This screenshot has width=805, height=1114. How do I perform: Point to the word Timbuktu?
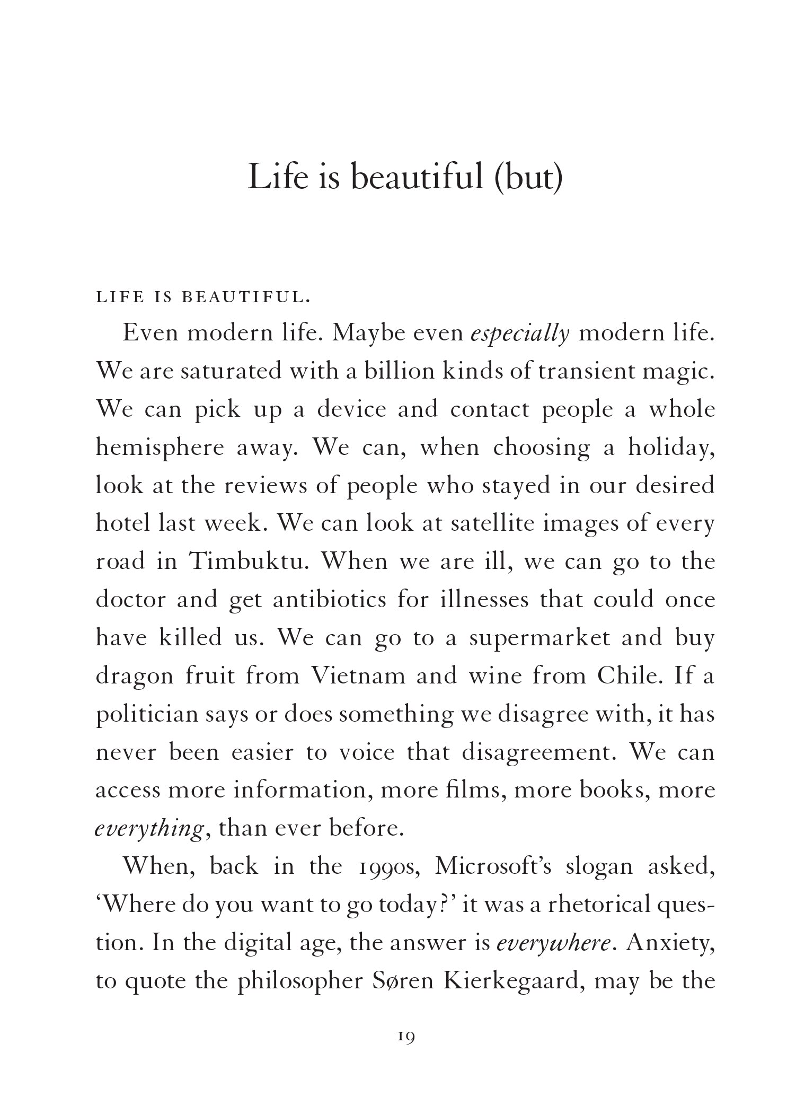tap(249, 562)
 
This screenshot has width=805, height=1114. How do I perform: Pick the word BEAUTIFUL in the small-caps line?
tap(244, 297)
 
